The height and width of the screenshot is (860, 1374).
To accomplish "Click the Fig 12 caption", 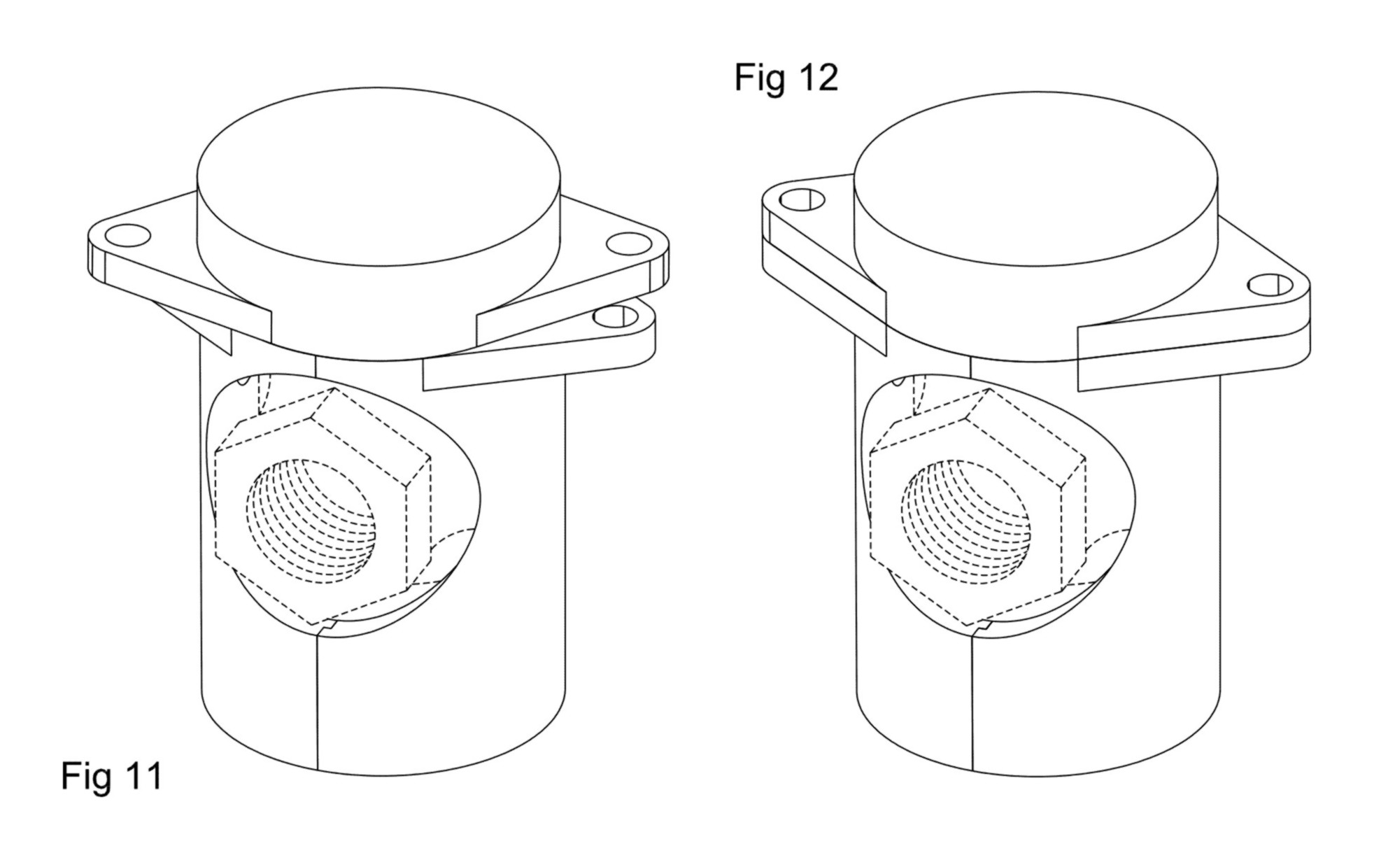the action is [786, 77].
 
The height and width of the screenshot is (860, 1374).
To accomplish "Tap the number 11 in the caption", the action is [143, 775].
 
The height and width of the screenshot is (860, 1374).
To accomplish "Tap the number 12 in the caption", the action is [817, 77].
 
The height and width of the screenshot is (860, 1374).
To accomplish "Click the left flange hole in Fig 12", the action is [801, 199].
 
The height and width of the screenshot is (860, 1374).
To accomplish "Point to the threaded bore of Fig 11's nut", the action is [311, 521].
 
